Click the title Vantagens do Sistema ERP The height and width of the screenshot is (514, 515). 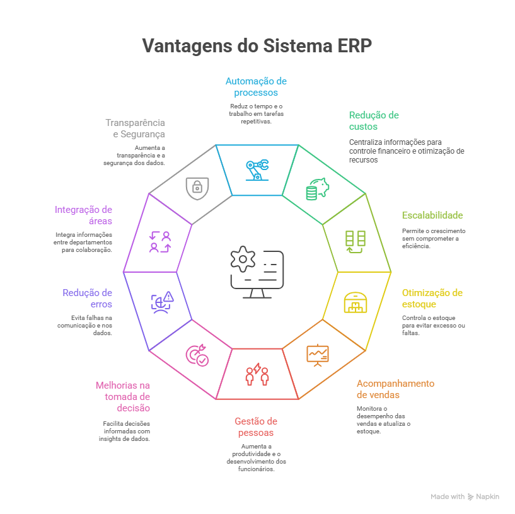point(257,45)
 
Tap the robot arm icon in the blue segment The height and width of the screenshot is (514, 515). point(257,169)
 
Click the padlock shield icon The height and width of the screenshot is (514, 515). point(197,187)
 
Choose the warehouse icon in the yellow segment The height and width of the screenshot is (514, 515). point(356,302)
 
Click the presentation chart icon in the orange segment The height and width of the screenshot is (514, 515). point(318,355)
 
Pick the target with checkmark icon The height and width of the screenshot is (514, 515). point(197,355)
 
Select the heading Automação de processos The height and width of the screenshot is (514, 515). point(256,87)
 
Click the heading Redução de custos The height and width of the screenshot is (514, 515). point(374,121)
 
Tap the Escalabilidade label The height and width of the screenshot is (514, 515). point(432,215)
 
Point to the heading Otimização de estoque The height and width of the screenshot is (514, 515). point(432,299)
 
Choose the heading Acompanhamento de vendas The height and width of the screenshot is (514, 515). point(395,389)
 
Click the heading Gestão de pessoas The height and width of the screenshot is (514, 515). point(256,427)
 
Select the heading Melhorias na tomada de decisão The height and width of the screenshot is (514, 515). point(123,397)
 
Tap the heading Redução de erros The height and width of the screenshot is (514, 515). point(87,299)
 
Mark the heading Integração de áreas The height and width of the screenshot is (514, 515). point(83,215)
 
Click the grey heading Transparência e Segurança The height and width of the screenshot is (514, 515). point(135,128)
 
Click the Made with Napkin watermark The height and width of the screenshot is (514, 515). point(465,497)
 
